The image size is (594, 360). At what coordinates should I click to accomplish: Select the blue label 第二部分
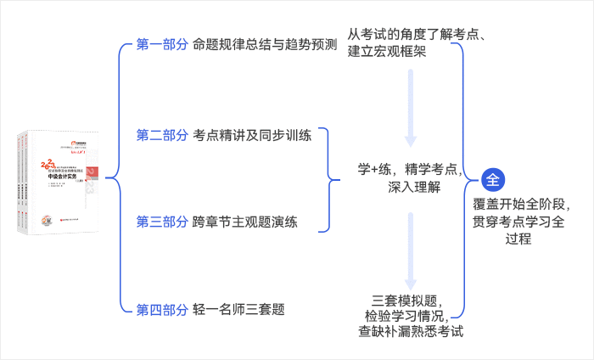(162, 135)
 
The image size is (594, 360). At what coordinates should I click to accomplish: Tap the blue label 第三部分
(162, 222)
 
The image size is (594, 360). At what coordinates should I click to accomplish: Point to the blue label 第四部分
(162, 309)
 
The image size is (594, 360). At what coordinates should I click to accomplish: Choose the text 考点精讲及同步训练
(253, 135)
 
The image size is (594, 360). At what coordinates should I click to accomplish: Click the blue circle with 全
(494, 179)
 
